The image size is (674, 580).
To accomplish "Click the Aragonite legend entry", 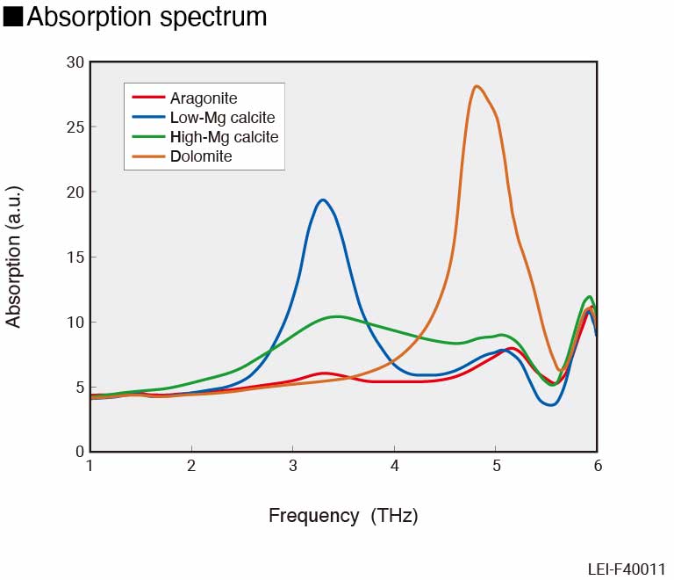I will point(204,98).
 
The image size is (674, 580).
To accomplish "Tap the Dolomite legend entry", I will point(202,156).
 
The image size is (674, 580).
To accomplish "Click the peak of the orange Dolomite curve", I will point(476,86).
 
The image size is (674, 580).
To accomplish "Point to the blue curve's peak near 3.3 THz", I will point(323,199).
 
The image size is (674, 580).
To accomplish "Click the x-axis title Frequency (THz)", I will point(343,516).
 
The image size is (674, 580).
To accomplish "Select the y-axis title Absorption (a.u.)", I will point(13,257).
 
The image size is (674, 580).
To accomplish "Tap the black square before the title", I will point(13,17).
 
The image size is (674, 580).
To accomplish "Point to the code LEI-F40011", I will point(627,569).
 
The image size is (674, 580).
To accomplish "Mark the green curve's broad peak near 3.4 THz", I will point(338,316).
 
